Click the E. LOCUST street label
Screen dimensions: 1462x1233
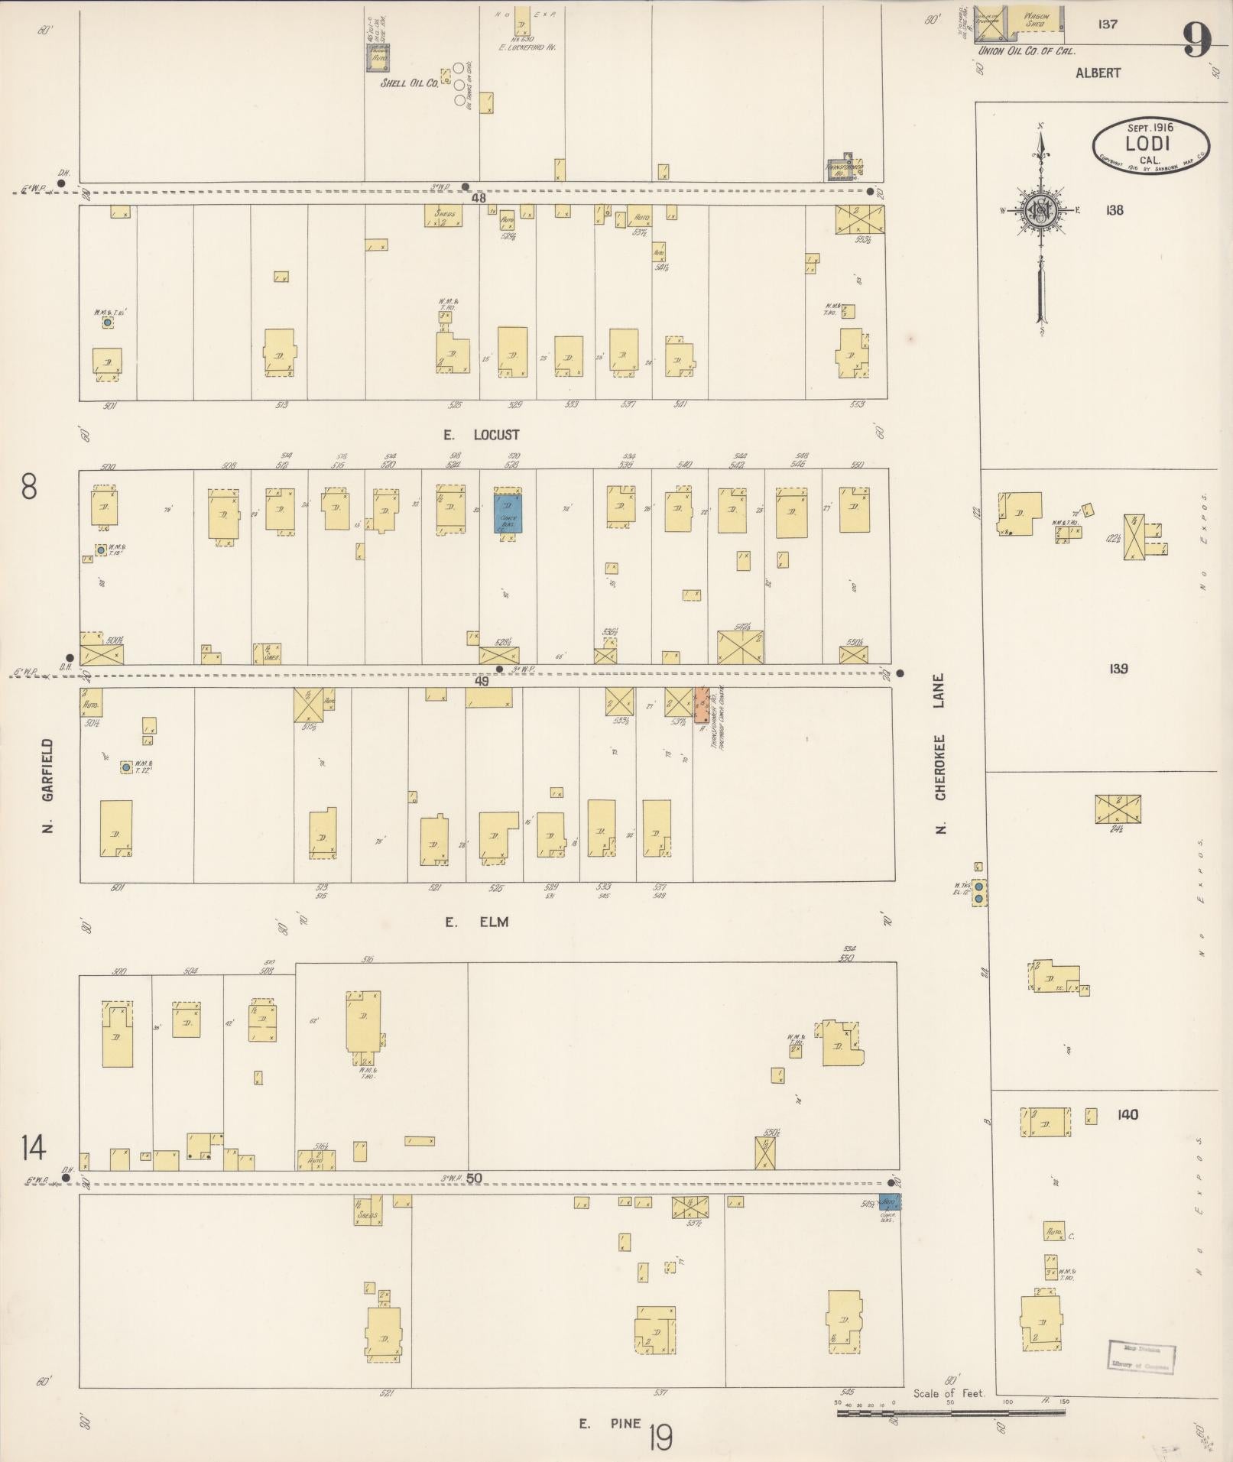pyautogui.click(x=482, y=435)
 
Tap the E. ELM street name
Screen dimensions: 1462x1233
pyautogui.click(x=478, y=922)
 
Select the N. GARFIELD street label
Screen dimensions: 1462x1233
pyautogui.click(x=48, y=785)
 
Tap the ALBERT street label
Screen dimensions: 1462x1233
pyautogui.click(x=1098, y=73)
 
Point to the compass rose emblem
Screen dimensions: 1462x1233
pyautogui.click(x=1041, y=213)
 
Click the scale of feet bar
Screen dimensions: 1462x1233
pyautogui.click(x=951, y=1413)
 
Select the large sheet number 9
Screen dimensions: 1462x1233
pyautogui.click(x=1198, y=40)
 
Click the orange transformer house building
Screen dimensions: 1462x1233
pyautogui.click(x=701, y=707)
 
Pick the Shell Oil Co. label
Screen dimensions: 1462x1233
pyautogui.click(x=410, y=83)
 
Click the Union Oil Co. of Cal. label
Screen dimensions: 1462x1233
pyautogui.click(x=1025, y=51)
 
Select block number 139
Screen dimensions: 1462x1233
pyautogui.click(x=1118, y=669)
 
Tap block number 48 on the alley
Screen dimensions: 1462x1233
pyautogui.click(x=479, y=198)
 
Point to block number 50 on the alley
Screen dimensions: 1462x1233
pyautogui.click(x=474, y=1178)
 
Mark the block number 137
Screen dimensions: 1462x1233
pyautogui.click(x=1107, y=24)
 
